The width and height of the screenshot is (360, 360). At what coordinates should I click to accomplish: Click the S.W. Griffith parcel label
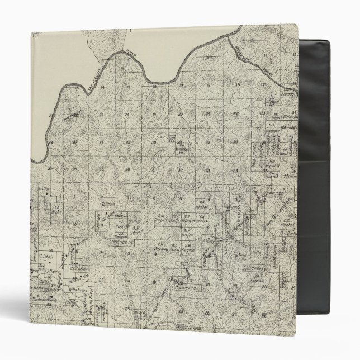[163, 217]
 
